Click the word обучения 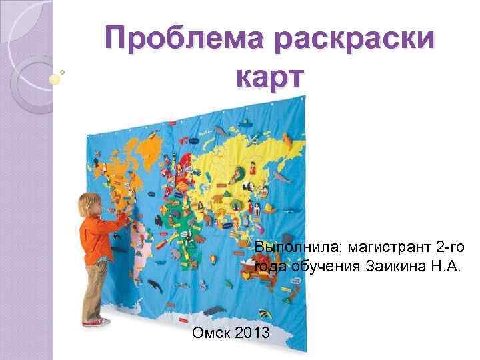323,267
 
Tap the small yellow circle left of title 55,78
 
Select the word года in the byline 271,267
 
